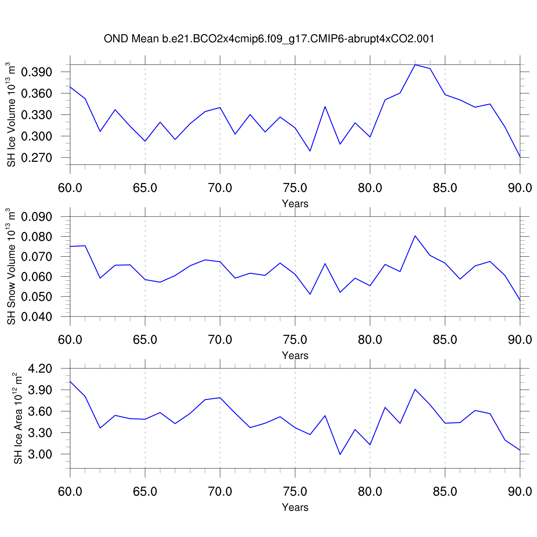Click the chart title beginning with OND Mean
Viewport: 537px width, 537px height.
point(269,39)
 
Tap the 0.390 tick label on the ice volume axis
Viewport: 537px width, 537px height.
point(37,72)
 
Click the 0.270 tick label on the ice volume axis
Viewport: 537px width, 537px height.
point(37,158)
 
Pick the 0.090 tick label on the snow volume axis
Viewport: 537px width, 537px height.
point(37,217)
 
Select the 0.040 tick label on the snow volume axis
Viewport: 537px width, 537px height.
point(37,317)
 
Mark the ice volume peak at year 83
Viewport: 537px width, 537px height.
point(415,65)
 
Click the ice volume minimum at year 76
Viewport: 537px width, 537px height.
point(310,151)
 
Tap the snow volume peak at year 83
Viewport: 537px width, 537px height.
point(415,236)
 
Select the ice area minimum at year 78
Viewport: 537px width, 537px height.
point(340,454)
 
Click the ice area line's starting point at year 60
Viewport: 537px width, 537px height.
point(70,382)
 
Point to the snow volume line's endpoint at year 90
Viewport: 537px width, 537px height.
point(520,300)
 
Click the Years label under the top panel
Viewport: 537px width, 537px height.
point(295,204)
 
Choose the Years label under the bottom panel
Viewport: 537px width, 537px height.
point(295,507)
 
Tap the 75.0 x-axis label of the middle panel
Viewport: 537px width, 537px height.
point(295,340)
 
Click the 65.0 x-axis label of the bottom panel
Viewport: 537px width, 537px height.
point(145,492)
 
